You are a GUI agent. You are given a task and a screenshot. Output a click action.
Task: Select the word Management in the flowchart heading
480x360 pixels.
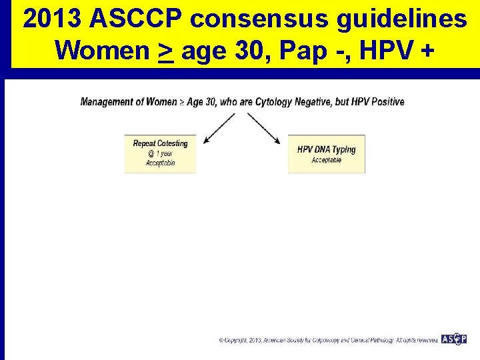coord(106,102)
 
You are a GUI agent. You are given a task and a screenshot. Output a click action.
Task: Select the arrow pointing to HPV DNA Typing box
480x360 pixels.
coord(264,128)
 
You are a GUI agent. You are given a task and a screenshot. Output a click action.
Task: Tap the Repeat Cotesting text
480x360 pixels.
coord(160,143)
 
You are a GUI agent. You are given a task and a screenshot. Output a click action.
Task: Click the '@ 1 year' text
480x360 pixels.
coord(160,153)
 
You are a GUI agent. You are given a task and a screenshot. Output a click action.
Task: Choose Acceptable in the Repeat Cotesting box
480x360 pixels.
coord(160,163)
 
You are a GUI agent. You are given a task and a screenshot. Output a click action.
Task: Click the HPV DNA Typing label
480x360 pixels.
coord(326,149)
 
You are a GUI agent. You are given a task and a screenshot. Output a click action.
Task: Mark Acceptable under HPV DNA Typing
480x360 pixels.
coord(326,160)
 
